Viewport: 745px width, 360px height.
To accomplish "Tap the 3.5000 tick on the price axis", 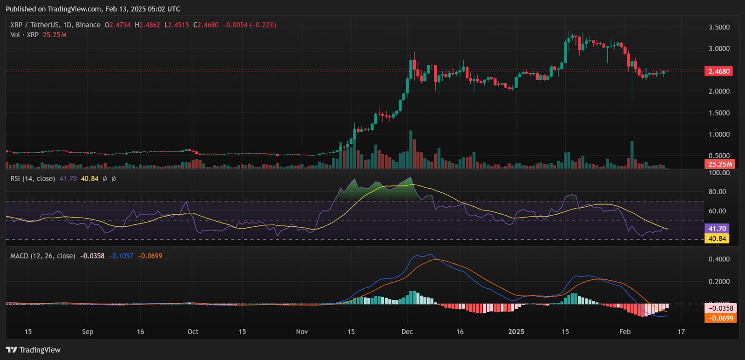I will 719,27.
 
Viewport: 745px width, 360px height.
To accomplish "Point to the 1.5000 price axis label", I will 719,113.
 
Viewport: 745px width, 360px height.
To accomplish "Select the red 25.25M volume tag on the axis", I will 720,164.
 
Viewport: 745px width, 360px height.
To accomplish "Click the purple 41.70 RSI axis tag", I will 717,229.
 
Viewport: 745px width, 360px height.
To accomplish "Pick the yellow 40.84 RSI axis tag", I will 717,238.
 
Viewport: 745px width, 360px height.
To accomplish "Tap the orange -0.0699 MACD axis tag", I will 721,319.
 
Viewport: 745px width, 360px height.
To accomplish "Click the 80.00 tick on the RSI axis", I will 717,192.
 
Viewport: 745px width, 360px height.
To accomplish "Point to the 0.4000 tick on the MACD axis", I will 719,259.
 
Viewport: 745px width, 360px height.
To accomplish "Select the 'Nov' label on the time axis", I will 302,332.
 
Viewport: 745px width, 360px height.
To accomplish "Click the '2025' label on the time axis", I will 516,332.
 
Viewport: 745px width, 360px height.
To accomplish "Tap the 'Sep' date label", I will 88,332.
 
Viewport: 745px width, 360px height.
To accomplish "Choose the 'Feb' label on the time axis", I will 625,332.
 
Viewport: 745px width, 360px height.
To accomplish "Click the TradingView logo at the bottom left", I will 33,350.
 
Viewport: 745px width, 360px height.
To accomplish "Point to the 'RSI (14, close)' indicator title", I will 33,178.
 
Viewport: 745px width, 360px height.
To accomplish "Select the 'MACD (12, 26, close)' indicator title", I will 43,256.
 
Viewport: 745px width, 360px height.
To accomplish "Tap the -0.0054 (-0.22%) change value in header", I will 249,25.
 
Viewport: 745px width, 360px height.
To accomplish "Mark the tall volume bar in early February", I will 632,155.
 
